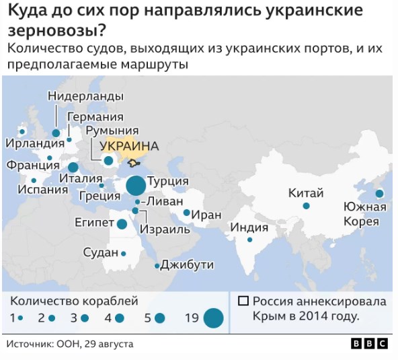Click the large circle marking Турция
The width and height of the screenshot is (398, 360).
136,185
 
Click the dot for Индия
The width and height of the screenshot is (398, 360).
249,240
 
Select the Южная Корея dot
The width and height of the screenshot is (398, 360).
379,194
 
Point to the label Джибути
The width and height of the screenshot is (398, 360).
182,265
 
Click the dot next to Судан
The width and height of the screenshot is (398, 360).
124,254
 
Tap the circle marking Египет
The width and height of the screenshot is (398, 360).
122,224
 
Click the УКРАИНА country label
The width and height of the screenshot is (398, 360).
128,146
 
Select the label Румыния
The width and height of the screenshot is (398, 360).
112,131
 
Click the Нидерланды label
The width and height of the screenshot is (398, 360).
85,96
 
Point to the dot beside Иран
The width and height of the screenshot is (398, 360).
187,213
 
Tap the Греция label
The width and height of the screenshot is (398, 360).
99,196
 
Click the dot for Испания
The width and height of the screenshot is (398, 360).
34,180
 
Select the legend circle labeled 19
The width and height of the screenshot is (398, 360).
213,318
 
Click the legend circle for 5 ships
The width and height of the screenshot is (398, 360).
159,318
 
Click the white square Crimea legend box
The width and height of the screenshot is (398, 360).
243,301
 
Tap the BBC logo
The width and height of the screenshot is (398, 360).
368,344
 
